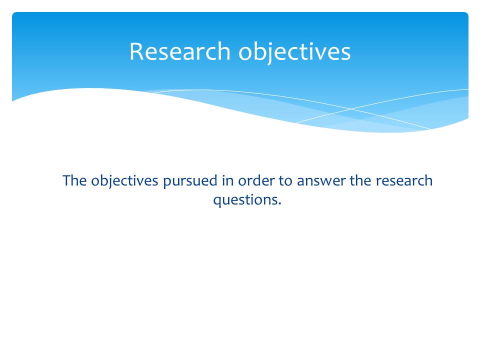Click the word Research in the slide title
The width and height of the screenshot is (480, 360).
click(x=180, y=51)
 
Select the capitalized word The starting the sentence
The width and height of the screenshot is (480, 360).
click(x=74, y=180)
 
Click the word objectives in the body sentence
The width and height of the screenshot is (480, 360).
click(x=124, y=181)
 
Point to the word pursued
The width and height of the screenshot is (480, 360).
click(x=190, y=181)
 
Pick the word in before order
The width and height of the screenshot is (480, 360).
click(x=228, y=180)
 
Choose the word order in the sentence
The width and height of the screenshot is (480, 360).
click(x=256, y=180)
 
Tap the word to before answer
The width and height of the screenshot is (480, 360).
click(x=285, y=180)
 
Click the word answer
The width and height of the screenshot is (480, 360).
click(x=321, y=181)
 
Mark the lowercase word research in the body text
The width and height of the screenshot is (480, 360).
click(x=404, y=180)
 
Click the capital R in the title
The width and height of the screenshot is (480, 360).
click(x=136, y=51)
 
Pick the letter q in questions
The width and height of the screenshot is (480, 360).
click(x=217, y=201)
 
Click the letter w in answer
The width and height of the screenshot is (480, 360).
click(x=323, y=181)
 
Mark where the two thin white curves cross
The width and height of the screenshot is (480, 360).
click(x=351, y=109)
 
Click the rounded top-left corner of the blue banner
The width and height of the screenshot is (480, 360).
click(x=13, y=13)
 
